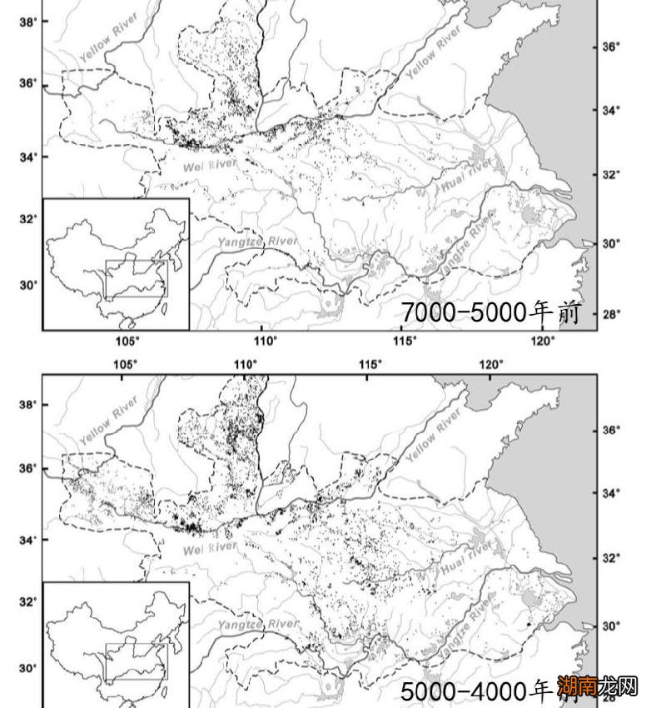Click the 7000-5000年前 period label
click(x=490, y=313)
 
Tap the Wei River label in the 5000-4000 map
click(x=209, y=549)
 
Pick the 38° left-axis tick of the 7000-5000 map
click(x=27, y=22)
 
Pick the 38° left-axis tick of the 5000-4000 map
click(x=27, y=405)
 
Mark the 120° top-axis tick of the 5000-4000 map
click(x=490, y=365)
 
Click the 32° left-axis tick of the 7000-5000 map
click(x=27, y=219)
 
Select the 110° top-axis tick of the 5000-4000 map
click(x=246, y=365)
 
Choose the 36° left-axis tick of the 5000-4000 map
click(x=27, y=468)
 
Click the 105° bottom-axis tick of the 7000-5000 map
click(x=127, y=341)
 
